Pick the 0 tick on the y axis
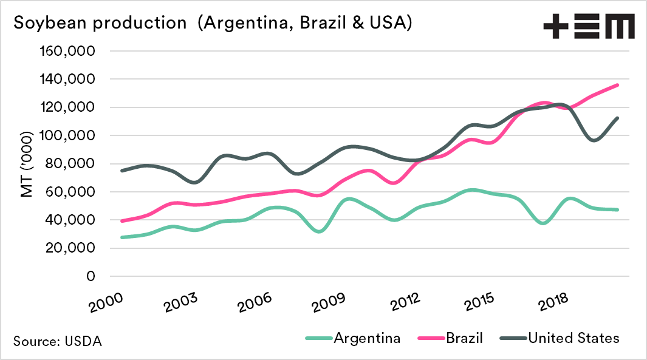90,276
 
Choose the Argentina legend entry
366,338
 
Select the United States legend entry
573,338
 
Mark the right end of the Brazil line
618,85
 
